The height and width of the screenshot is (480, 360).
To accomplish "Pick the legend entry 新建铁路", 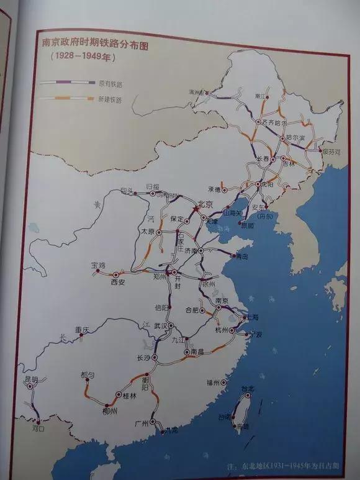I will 109,99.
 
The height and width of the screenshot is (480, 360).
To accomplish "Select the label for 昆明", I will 31,379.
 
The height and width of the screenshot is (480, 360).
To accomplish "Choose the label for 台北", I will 247,389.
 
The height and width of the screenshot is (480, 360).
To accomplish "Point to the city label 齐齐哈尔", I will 274,122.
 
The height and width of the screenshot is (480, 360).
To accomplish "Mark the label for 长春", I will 265,160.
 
